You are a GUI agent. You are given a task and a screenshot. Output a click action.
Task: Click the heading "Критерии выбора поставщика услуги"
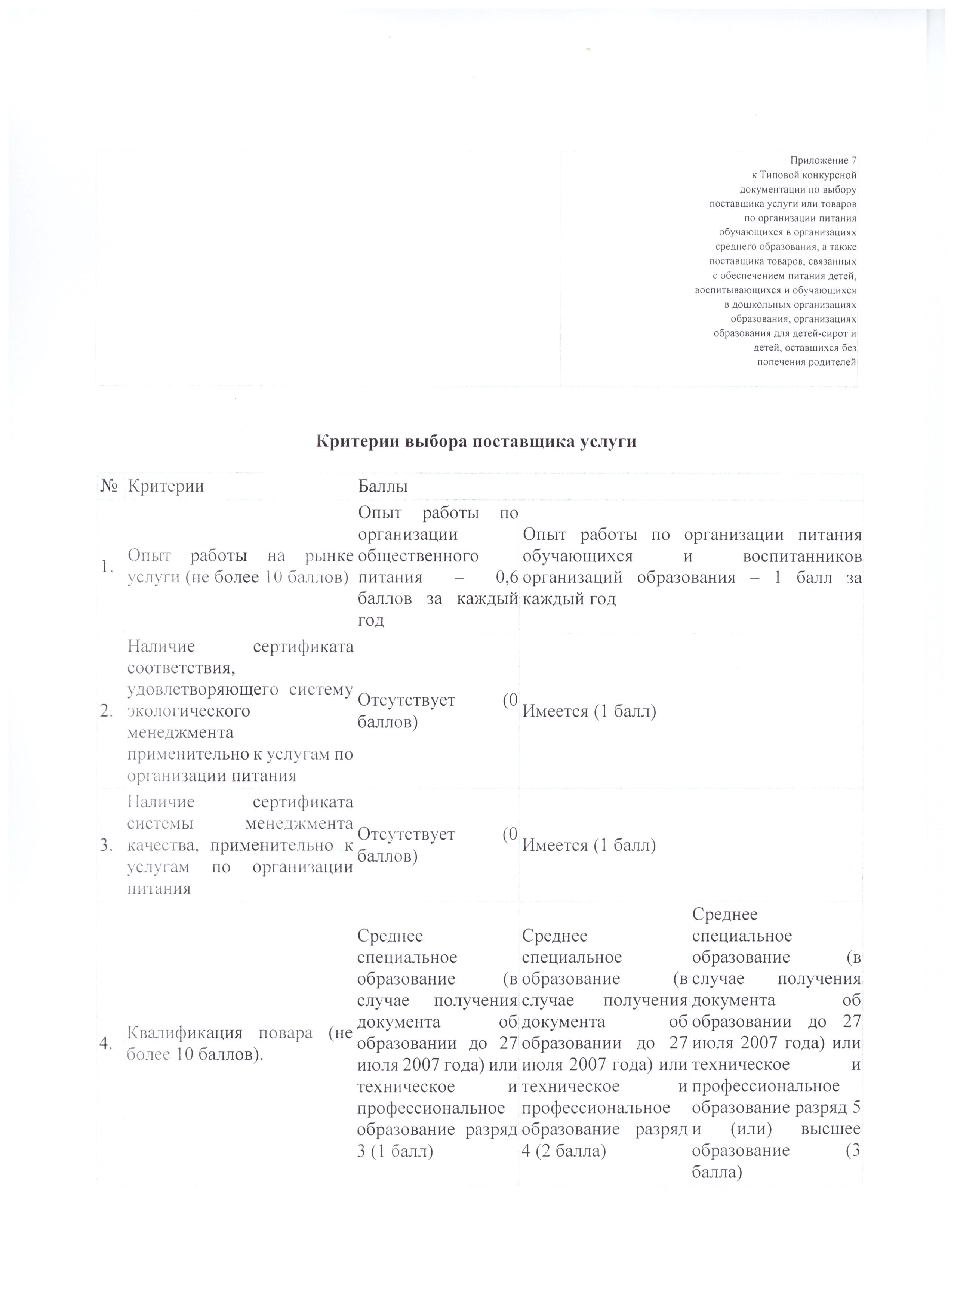(477, 441)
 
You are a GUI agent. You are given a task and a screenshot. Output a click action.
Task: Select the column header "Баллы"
(383, 487)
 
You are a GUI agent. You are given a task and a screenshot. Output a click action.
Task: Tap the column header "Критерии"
(166, 487)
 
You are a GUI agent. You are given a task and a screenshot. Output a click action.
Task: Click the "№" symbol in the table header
(109, 487)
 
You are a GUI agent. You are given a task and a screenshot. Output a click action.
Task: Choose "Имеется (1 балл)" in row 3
(589, 846)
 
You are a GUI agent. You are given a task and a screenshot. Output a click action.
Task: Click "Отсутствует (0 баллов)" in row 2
(437, 711)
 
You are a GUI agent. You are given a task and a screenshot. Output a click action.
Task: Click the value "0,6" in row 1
(507, 578)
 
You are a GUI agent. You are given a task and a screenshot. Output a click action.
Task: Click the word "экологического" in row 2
(189, 711)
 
